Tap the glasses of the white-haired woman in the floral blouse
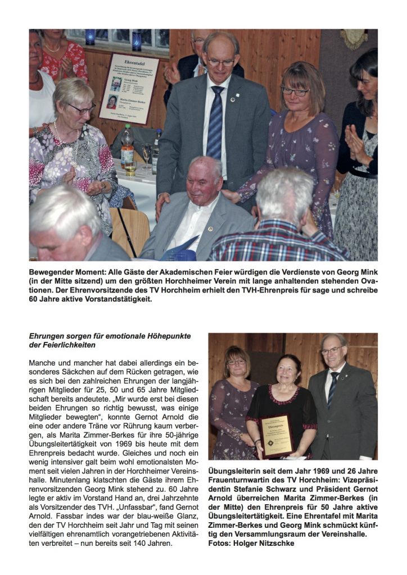pyautogui.click(x=82, y=108)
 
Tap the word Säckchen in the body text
pyautogui.click(x=82, y=371)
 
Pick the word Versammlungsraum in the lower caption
pyautogui.click(x=305, y=534)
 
